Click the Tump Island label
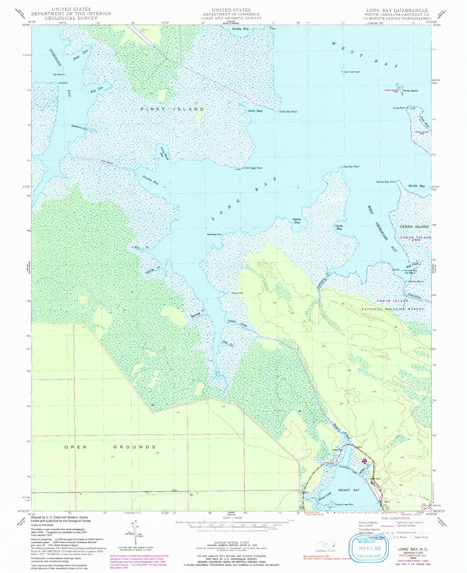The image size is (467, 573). click(410, 91)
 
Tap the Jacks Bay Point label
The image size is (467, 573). click(288, 112)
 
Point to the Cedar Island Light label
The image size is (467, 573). click(351, 72)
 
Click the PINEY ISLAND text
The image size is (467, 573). click(172, 109)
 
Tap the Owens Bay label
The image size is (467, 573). click(297, 221)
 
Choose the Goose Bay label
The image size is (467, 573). click(339, 227)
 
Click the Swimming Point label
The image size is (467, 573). click(214, 234)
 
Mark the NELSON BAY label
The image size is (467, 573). click(349, 490)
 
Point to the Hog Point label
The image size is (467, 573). click(63, 83)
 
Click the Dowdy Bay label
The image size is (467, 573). click(240, 29)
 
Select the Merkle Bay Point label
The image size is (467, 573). click(386, 182)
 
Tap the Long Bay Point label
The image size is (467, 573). click(351, 167)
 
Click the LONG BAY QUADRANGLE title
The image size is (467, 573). click(397, 10)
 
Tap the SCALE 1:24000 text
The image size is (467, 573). click(231, 518)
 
